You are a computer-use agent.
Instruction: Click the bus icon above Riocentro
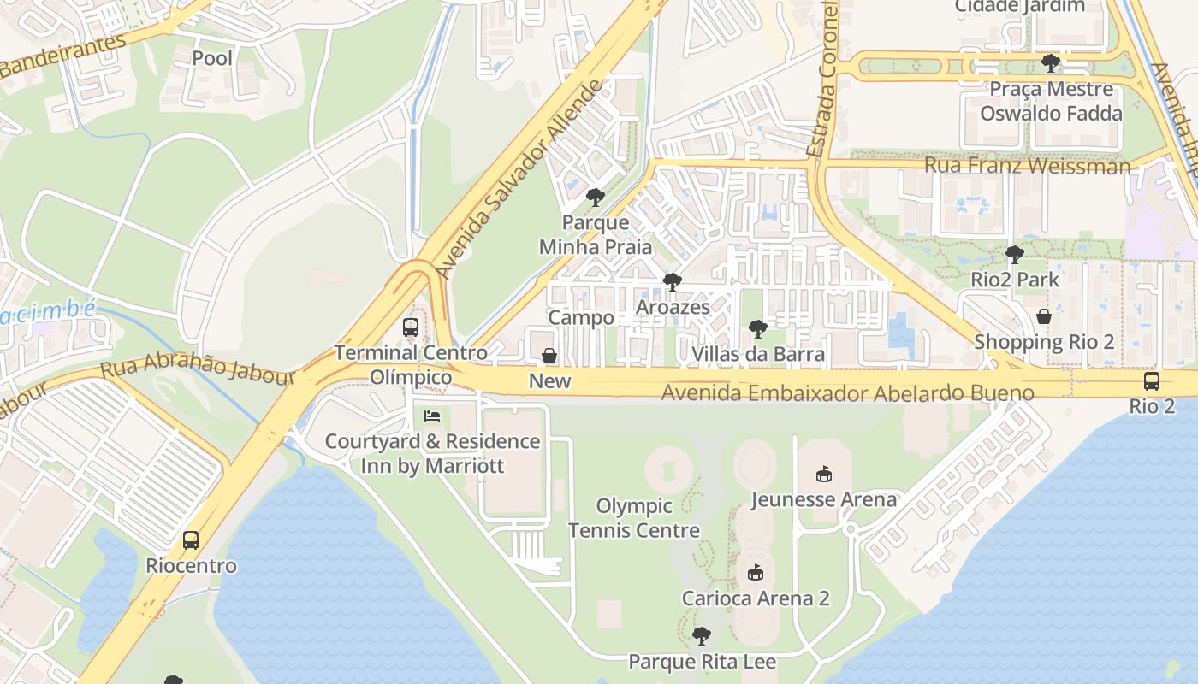(x=191, y=540)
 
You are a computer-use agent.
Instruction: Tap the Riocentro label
(x=191, y=566)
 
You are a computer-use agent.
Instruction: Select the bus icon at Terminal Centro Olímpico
(x=411, y=327)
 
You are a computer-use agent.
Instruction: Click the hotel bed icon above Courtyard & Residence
(x=433, y=416)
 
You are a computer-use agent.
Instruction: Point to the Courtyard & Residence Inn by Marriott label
(x=432, y=454)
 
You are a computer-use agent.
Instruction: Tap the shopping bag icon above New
(x=549, y=356)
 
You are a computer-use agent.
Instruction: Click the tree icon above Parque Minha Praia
(x=595, y=198)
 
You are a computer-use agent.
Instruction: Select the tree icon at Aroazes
(x=672, y=281)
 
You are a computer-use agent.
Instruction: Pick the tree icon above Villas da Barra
(x=757, y=328)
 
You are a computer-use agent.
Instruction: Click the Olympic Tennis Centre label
(x=634, y=518)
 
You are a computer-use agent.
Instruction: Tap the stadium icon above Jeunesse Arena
(x=824, y=474)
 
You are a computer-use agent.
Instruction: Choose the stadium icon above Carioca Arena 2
(x=755, y=572)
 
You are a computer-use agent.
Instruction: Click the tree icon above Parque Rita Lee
(x=702, y=636)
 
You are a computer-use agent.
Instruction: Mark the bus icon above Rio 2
(x=1152, y=381)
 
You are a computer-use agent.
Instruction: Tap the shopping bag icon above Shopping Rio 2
(x=1044, y=316)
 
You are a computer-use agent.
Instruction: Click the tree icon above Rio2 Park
(x=1014, y=254)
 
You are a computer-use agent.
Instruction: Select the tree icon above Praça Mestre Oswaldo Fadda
(x=1051, y=63)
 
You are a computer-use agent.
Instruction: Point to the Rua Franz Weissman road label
(x=1027, y=166)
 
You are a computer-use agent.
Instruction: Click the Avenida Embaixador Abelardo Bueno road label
(x=847, y=393)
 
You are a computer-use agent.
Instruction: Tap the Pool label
(x=212, y=58)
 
